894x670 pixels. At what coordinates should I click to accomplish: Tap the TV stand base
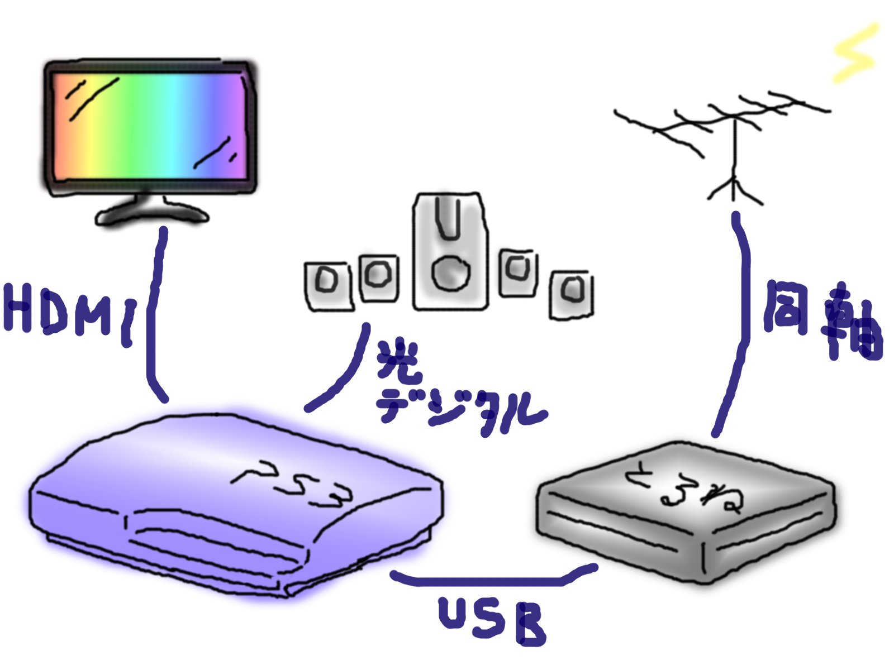[151, 212]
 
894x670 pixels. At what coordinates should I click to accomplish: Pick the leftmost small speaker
[329, 285]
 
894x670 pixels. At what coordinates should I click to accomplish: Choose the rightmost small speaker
[571, 294]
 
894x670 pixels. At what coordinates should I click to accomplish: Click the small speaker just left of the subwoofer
[378, 277]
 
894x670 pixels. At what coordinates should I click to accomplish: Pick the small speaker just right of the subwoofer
[518, 272]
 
